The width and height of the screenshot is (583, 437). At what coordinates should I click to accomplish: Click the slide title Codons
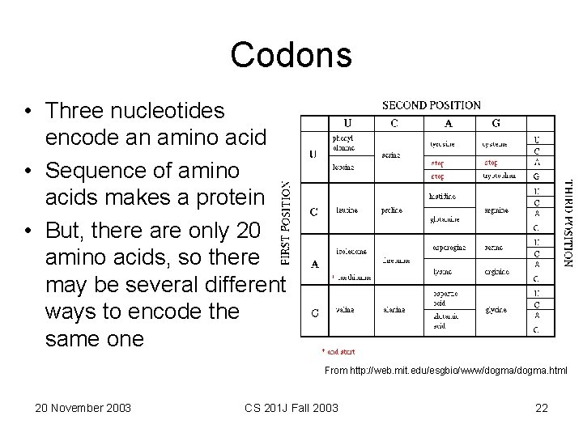point(291,55)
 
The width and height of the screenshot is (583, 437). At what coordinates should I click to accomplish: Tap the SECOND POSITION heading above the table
point(431,105)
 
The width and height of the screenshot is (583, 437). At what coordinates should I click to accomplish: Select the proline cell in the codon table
point(392,211)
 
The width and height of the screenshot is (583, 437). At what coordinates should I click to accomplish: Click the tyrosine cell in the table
point(442,145)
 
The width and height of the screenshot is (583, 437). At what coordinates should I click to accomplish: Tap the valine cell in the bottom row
point(344,310)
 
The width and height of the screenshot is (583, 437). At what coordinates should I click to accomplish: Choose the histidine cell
point(442,197)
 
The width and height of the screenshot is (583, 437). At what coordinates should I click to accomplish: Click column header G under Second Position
point(496,124)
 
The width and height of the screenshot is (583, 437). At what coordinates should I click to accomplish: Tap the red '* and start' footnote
point(338,352)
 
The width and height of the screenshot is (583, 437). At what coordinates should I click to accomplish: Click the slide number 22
point(542,408)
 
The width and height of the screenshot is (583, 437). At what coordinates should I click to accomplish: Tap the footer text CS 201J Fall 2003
point(291,408)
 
